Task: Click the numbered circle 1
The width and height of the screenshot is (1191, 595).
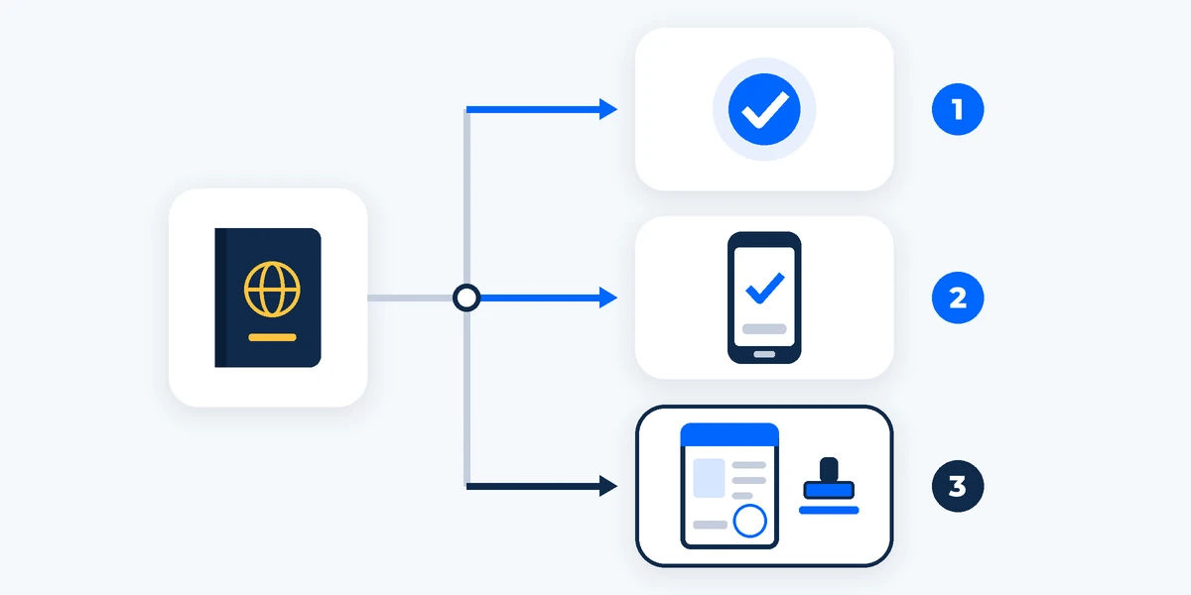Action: [x=958, y=109]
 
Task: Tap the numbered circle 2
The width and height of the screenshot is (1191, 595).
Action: [x=958, y=297]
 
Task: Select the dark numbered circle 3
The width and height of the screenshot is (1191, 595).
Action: [x=958, y=486]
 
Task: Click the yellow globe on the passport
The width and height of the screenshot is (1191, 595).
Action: [x=272, y=290]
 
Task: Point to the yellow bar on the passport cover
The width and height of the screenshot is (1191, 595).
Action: [x=272, y=337]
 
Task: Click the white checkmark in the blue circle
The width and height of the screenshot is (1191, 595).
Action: [x=764, y=110]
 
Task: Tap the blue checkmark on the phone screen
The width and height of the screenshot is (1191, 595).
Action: [x=764, y=288]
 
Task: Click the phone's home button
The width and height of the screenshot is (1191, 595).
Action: [x=764, y=354]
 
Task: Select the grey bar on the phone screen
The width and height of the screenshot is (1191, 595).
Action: [x=764, y=329]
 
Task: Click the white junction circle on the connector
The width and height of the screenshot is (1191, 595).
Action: [x=466, y=297]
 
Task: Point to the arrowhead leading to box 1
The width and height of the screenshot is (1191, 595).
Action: [x=608, y=109]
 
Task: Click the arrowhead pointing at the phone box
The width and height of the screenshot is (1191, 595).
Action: [x=608, y=297]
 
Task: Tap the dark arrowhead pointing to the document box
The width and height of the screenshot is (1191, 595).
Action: [x=608, y=486]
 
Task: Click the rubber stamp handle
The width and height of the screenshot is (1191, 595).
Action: [x=829, y=470]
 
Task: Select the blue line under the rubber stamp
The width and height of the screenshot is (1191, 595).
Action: [x=829, y=511]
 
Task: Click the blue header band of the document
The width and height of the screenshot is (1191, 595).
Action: [x=729, y=435]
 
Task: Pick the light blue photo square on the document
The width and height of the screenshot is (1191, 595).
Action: [x=709, y=478]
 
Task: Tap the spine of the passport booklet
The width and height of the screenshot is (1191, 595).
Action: [x=220, y=297]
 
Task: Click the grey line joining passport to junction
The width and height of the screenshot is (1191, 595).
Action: [x=410, y=298]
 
